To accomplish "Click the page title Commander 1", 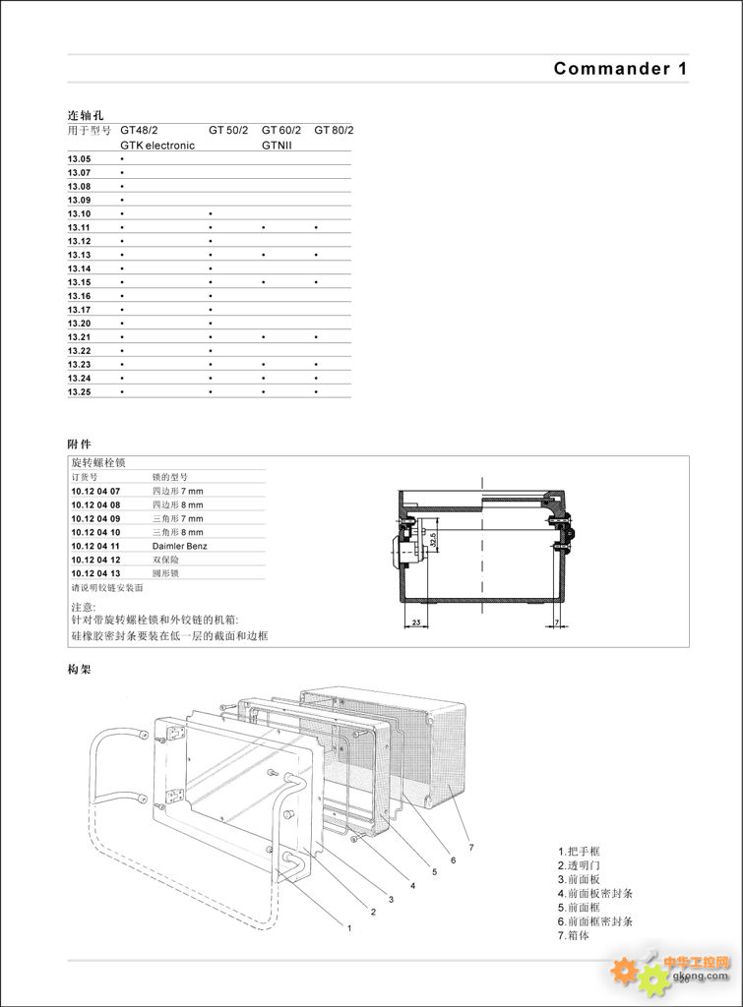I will click(620, 69).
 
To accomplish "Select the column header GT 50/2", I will click(228, 130).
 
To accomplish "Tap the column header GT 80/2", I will click(335, 130).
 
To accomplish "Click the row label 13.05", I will click(79, 158).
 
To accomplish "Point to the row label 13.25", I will click(79, 392).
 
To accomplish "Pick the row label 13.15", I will click(79, 282).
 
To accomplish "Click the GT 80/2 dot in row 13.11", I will click(316, 227).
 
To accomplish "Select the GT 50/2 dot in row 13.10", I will click(211, 213).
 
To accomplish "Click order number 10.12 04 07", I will click(95, 490).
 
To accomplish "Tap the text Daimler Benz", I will click(179, 545).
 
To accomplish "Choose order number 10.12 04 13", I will click(95, 572).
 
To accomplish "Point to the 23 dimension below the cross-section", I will click(416, 622).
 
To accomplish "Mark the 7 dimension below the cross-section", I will click(556, 622).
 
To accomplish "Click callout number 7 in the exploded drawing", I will click(471, 846).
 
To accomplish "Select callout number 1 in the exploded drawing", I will click(348, 926).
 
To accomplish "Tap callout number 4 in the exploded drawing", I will click(412, 885).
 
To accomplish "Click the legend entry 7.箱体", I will click(575, 935).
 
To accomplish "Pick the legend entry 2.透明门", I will click(582, 865).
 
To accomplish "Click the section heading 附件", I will click(79, 444).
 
